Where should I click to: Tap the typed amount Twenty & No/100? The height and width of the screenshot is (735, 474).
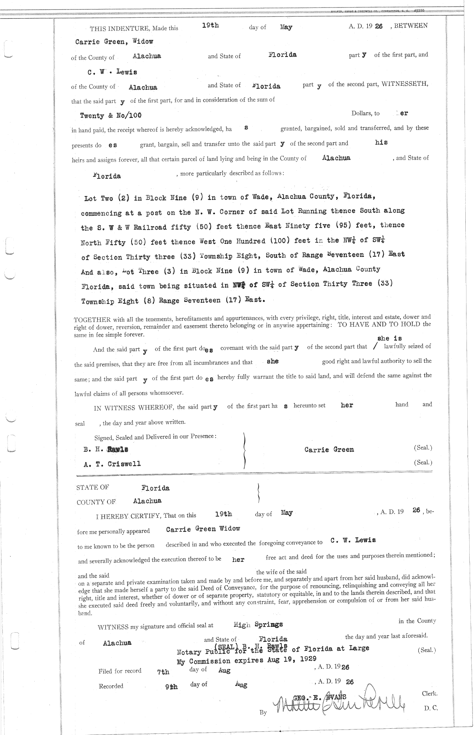point(111,116)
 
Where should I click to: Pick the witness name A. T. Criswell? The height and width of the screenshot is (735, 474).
point(112,464)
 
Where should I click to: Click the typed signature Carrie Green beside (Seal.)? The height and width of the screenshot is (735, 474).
point(329,450)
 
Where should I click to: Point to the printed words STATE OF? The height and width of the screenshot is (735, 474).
point(92,488)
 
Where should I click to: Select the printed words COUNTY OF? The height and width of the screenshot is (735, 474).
point(96,502)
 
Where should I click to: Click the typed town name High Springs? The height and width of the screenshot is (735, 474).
point(258,625)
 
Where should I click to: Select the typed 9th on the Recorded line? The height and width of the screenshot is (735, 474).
point(171,687)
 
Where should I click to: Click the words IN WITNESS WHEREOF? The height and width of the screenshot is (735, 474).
point(134,408)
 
